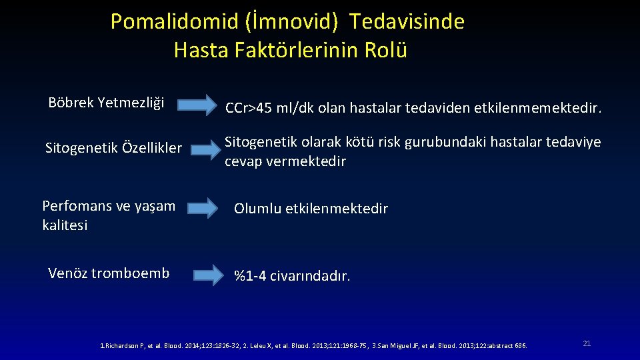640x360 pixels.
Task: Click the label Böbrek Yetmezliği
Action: [x=106, y=103]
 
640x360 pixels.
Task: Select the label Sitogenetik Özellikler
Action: [x=113, y=148]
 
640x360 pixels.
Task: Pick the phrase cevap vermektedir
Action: [x=285, y=162]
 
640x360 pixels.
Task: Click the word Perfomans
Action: [x=76, y=206]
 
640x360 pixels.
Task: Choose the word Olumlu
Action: [x=257, y=209]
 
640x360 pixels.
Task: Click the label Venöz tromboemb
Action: [x=109, y=273]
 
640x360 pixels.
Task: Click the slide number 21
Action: [x=587, y=343]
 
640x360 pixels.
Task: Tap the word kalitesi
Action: [x=65, y=225]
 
